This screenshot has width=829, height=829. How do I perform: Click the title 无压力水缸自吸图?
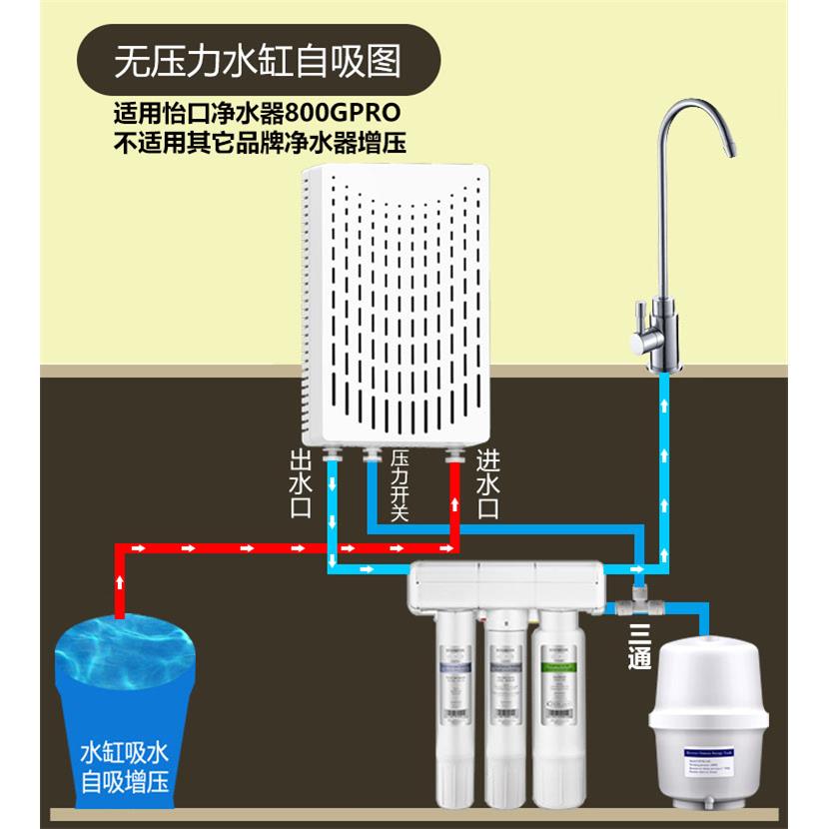pos(258,62)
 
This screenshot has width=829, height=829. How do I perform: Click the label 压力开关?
pos(399,485)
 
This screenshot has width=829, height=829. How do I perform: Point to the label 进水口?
pos(488,482)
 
